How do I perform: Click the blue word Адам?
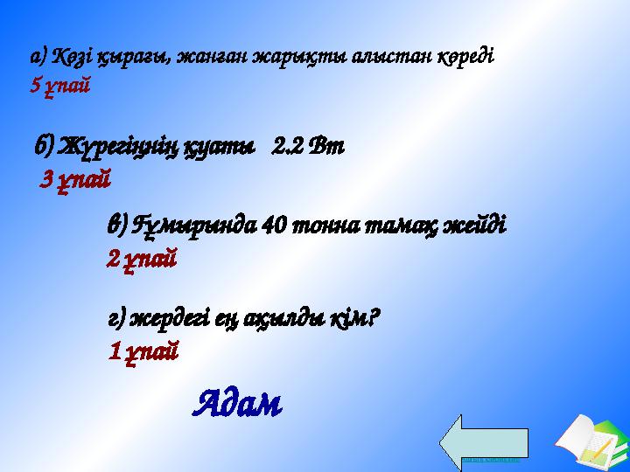tap(237, 403)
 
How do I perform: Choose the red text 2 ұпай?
tap(143, 259)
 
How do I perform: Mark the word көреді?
tap(468, 58)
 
